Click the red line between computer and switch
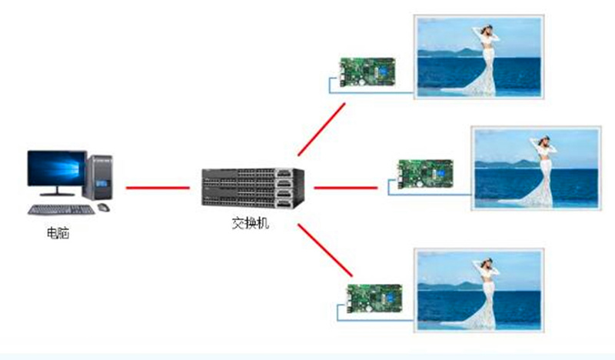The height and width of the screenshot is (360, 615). coord(158,187)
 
